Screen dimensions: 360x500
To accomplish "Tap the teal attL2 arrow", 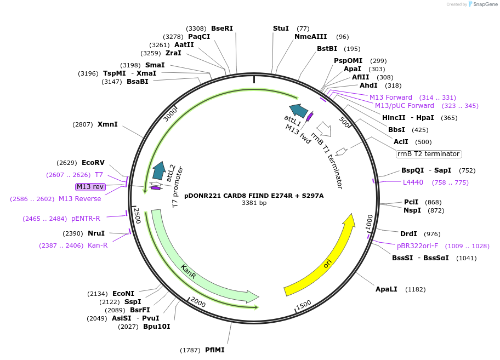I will (160, 170).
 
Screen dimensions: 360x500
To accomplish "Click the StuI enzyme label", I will (281, 28).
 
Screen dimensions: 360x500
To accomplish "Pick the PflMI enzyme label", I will (215, 350).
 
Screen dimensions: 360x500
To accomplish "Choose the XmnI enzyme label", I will (107, 124).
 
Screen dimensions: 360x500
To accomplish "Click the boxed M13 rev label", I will (90, 187).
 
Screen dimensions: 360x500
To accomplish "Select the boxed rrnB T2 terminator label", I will (429, 154).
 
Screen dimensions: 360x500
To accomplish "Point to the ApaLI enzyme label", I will (386, 289).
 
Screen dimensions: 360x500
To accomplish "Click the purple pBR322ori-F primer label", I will (417, 246).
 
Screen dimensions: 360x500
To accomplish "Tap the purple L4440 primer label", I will (413, 182).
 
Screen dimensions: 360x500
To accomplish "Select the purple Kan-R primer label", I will (98, 245).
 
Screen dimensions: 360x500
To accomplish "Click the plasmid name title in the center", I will (254, 195).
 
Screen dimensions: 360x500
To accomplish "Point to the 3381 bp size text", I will (254, 203).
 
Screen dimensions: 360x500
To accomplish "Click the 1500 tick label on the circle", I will (303, 305).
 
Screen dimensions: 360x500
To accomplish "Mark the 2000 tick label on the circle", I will (197, 302).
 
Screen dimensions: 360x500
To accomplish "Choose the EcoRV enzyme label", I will (93, 163).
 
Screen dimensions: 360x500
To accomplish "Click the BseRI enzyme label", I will (222, 28).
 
